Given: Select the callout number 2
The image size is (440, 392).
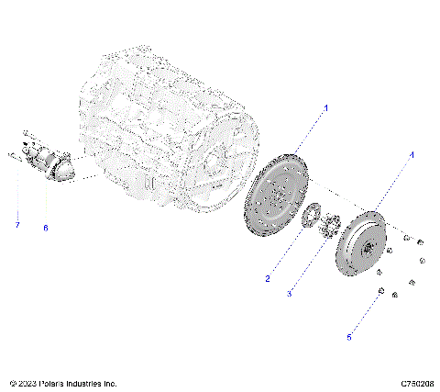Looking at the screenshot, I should pos(268,278).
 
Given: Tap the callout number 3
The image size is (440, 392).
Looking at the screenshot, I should pos(289,293).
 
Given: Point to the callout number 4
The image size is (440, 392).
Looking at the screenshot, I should pos(411,155).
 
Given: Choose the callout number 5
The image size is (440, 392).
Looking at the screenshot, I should pos(348,337).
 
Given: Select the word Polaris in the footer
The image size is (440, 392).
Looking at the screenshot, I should pos(57,383).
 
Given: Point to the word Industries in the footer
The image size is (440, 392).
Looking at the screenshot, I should pos(92,383).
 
